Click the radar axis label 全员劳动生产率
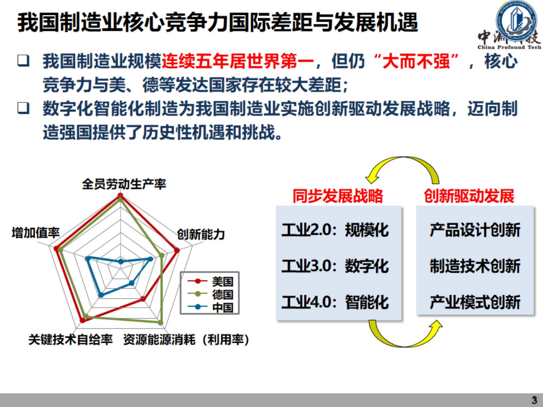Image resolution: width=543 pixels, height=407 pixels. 124,184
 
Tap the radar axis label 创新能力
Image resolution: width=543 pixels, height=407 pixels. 201,234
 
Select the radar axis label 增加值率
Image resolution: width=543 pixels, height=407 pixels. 36,233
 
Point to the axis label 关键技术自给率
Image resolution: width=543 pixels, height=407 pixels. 70,339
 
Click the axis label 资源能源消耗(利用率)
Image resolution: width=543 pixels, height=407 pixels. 186,339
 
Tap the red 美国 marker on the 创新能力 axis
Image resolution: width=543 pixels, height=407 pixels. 177,250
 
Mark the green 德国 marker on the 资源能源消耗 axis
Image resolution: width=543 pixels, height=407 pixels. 160,322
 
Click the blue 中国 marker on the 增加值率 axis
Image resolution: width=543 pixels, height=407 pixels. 88,258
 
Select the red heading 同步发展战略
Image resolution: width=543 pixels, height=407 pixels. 338,196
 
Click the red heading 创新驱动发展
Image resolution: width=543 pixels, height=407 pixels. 469,196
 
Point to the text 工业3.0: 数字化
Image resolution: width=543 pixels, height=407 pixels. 335,266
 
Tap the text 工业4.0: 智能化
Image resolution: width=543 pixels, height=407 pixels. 335,302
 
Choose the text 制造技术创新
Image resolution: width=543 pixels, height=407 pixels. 475,266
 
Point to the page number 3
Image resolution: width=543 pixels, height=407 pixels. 534,400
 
